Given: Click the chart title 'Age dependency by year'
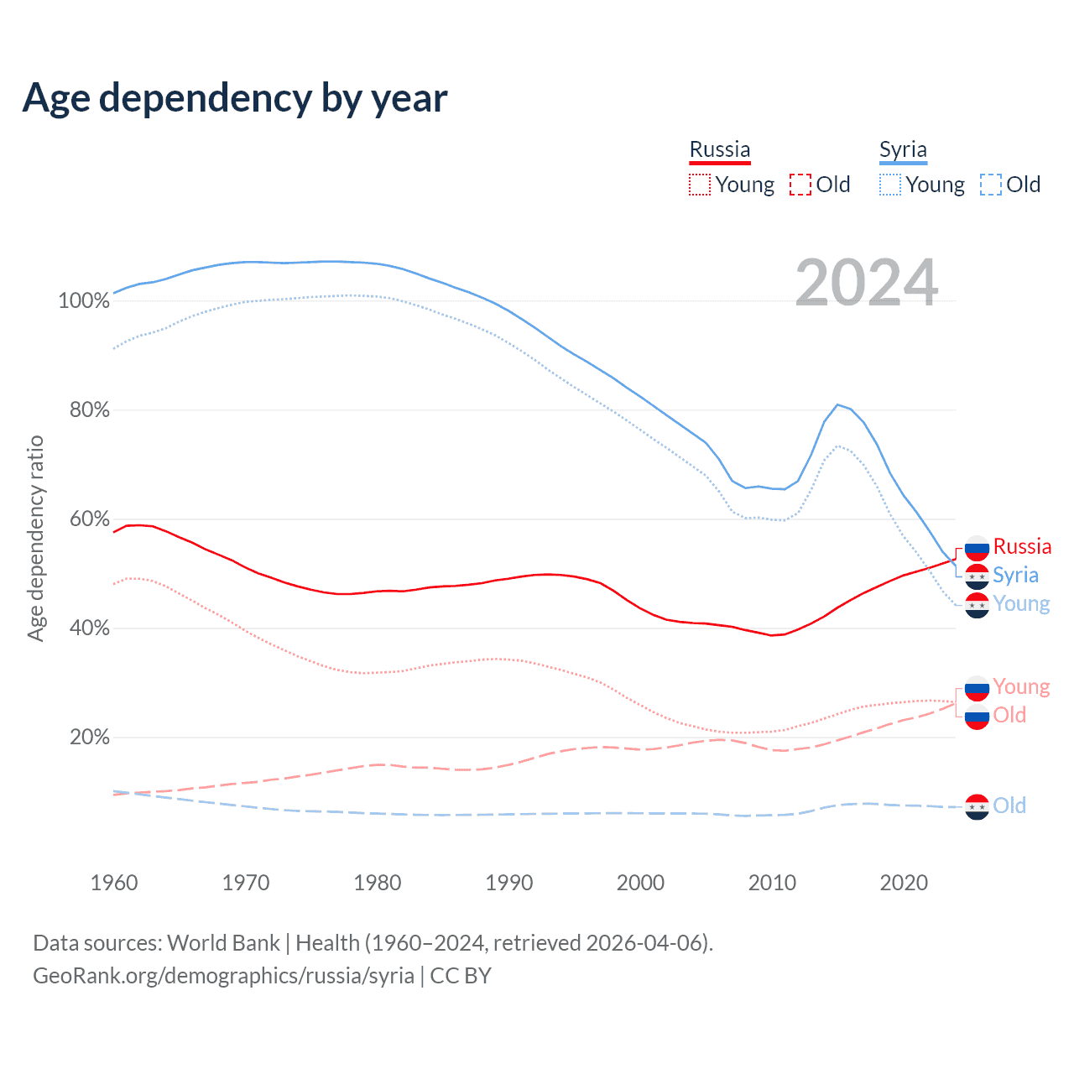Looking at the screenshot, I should [235, 98].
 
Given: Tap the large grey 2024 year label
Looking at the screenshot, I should [866, 283].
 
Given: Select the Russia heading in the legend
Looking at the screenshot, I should [720, 150].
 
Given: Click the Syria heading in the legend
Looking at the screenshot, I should [903, 150].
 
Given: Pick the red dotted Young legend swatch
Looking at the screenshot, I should [699, 185].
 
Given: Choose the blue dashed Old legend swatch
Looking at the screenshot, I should [990, 185].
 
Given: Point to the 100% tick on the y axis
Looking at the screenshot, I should [84, 301].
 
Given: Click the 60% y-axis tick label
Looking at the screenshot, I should [90, 519].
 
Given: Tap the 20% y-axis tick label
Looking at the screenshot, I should [90, 738].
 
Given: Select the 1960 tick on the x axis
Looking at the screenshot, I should [114, 883].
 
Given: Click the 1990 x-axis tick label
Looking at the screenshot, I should [509, 883].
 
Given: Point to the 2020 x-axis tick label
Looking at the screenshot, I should [904, 883].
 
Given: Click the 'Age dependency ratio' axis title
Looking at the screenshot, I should [35, 538].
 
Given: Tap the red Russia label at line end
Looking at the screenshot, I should [1022, 547].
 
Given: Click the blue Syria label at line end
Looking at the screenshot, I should [1015, 576].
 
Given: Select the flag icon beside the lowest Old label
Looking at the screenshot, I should [977, 806].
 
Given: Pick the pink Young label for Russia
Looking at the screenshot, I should [1021, 687].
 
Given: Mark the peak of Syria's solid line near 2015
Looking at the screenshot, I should [837, 404].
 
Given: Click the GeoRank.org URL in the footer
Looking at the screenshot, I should [223, 976].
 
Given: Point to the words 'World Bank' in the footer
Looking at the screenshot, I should [223, 943].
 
